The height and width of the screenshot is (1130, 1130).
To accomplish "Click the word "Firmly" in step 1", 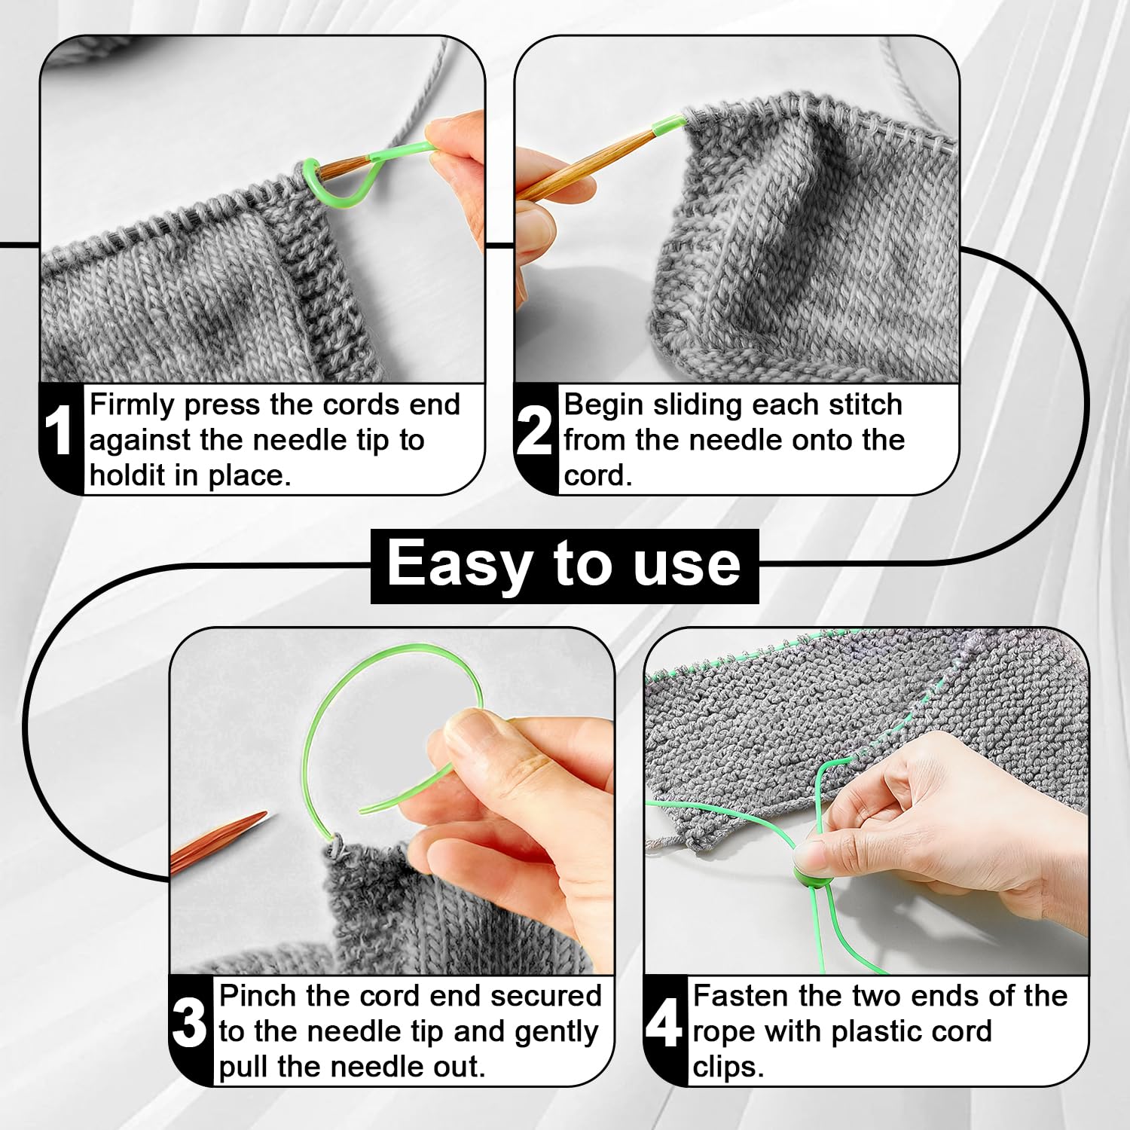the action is pos(132,405).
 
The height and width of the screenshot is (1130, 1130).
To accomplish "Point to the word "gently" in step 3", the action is pos(557,1032).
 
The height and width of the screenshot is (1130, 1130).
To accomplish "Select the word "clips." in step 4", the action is pos(728,1067).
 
